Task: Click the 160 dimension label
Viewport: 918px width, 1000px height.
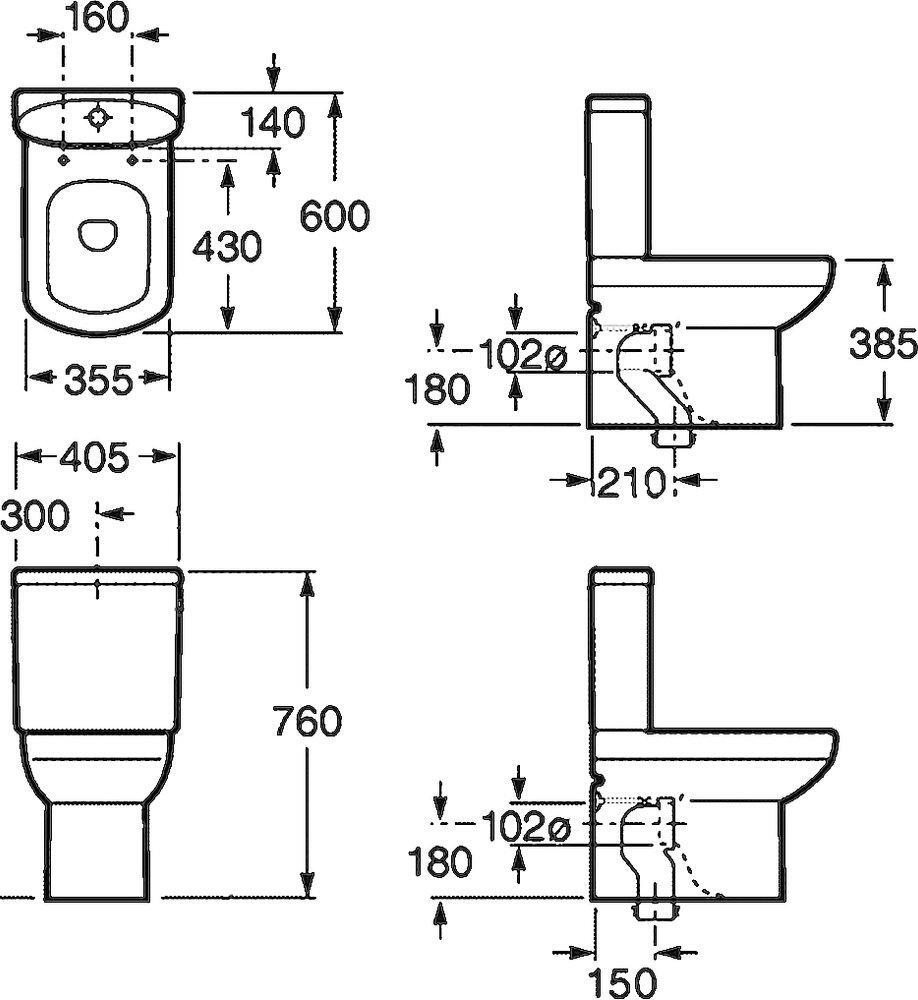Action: [x=96, y=18]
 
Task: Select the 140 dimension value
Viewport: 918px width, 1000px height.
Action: [x=273, y=122]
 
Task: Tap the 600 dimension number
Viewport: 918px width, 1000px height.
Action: [x=334, y=216]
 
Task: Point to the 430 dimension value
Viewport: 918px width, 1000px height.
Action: [x=227, y=246]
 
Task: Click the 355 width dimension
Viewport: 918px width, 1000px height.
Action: [x=99, y=381]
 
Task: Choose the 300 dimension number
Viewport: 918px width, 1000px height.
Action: [x=35, y=514]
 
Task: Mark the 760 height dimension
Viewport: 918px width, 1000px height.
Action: [x=307, y=721]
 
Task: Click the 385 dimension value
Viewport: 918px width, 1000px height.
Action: [x=883, y=344]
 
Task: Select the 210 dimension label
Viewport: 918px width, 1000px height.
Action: [x=630, y=482]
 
